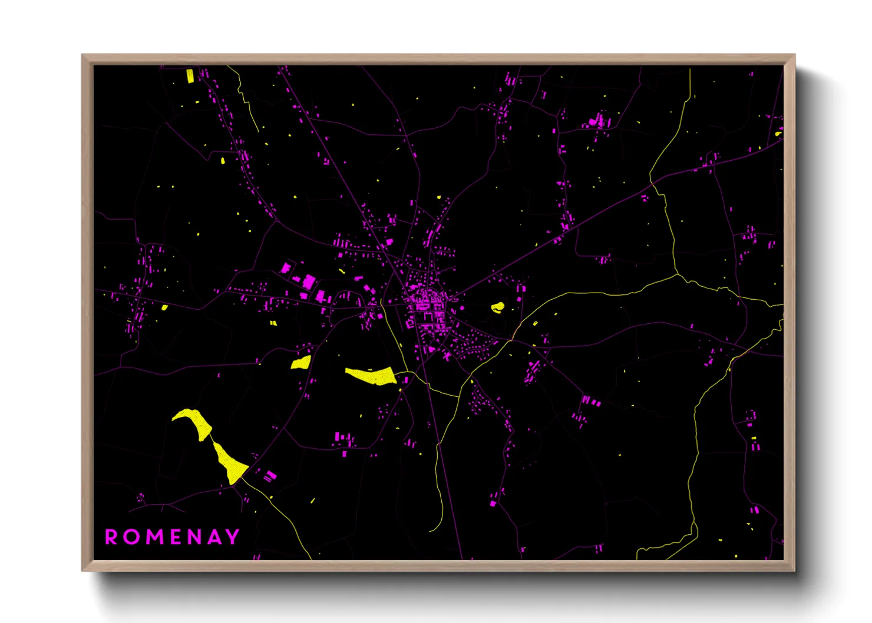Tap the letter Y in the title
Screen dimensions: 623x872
pos(233,536)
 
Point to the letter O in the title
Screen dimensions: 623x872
pos(131,537)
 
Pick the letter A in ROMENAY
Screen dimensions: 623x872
pos(214,537)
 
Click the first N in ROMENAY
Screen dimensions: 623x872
pos(195,537)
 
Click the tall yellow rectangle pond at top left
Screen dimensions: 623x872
pos(190,76)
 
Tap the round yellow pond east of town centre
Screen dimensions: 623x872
pos(498,307)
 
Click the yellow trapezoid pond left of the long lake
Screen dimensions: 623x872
pos(301,362)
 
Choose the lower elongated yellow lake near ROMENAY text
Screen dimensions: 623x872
pos(229,463)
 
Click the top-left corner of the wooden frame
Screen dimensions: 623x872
pos(82,55)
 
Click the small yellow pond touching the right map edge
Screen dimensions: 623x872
pos(779,134)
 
